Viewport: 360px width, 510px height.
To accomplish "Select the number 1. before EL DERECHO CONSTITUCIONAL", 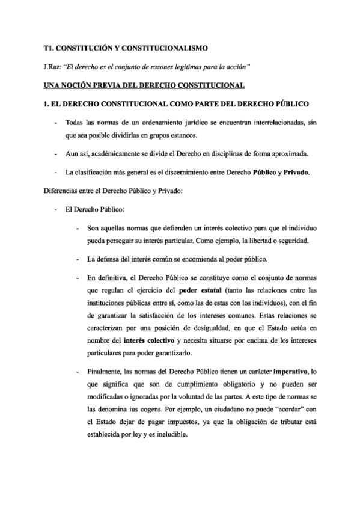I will (x=40, y=104).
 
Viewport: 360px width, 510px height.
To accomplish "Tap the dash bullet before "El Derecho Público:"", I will (x=56, y=211).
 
